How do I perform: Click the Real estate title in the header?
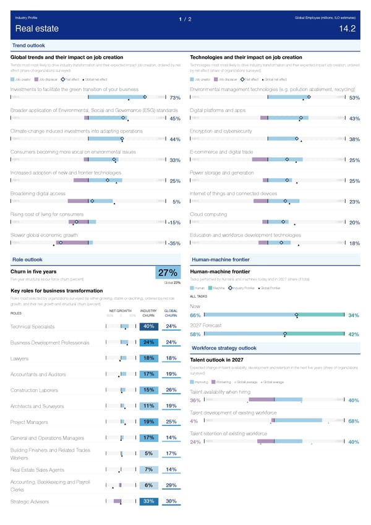(x=37, y=28)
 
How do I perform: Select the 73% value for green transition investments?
(x=174, y=98)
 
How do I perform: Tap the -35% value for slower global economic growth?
(x=174, y=243)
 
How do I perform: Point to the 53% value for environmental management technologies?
(x=354, y=98)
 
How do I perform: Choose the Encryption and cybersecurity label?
(x=221, y=131)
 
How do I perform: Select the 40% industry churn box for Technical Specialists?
(x=148, y=326)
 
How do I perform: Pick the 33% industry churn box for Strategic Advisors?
(x=148, y=501)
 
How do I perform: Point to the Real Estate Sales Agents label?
(x=38, y=470)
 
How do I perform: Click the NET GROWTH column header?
(x=120, y=310)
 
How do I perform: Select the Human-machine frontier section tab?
(x=220, y=259)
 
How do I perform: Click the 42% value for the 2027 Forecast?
(x=354, y=335)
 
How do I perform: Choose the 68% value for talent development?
(x=354, y=422)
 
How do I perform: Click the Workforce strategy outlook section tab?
(x=224, y=348)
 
